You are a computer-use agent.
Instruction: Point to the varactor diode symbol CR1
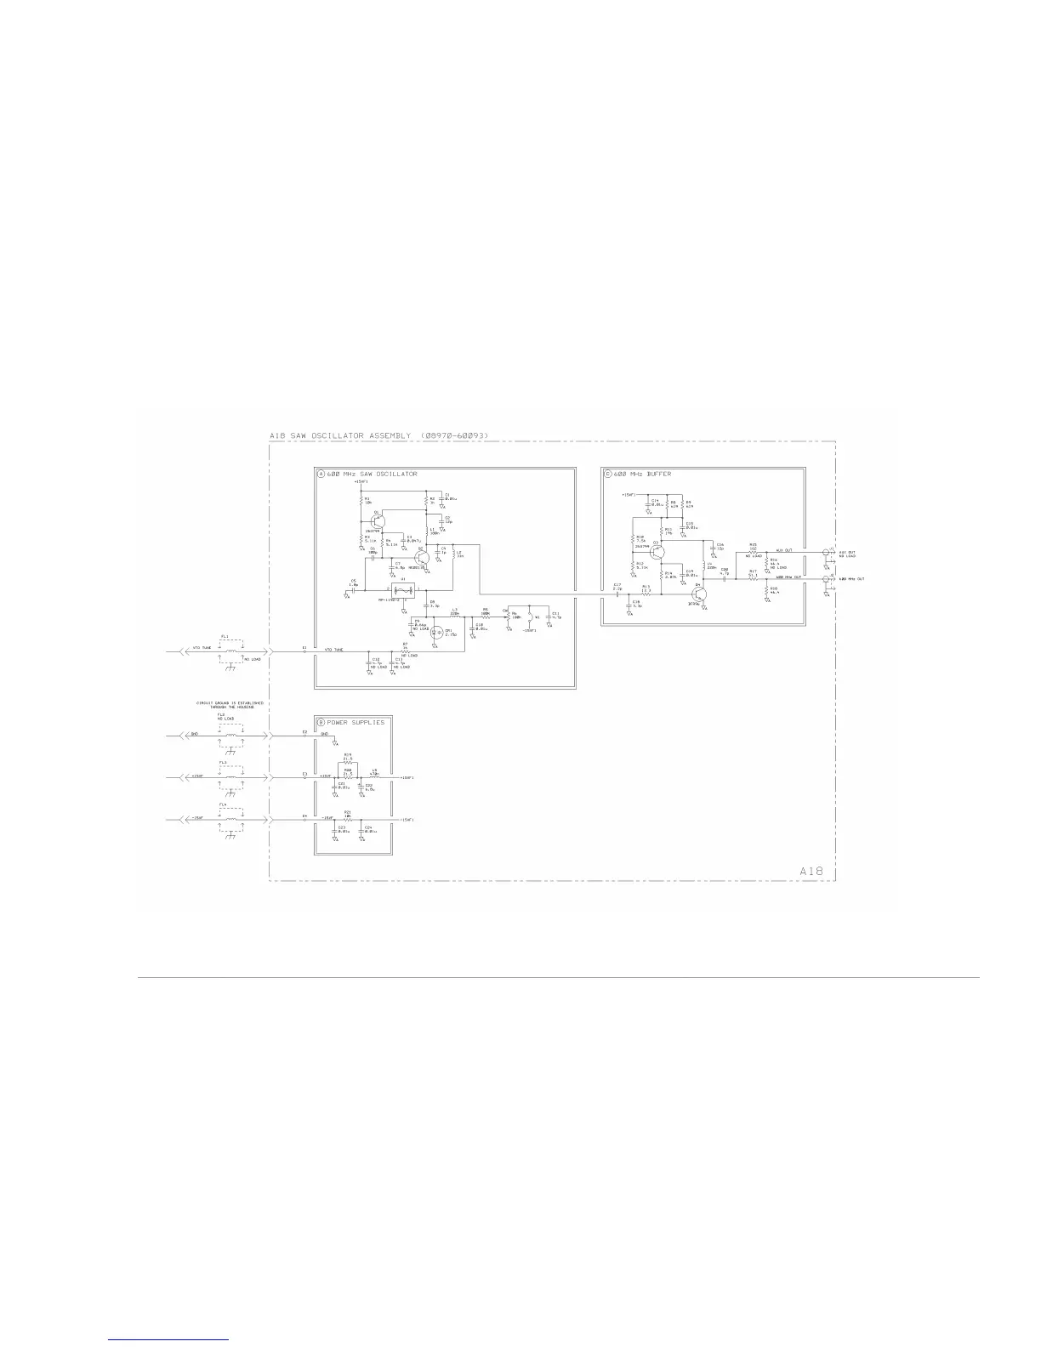coord(437,633)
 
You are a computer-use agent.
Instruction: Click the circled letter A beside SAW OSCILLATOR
coord(321,474)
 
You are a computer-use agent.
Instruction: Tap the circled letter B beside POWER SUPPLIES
coord(321,722)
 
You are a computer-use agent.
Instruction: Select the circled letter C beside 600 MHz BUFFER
coord(607,474)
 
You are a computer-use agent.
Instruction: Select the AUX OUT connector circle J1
coord(825,552)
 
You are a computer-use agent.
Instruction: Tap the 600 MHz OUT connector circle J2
coord(825,579)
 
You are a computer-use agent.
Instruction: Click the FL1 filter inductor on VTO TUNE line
coord(230,652)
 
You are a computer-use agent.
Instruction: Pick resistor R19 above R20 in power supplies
coord(348,762)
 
